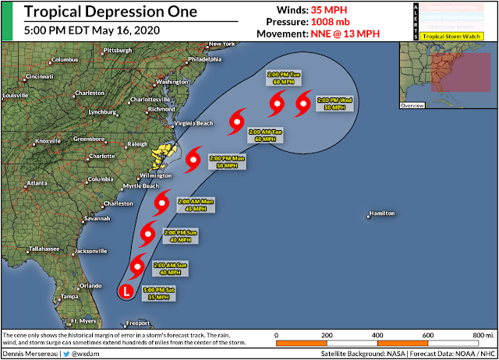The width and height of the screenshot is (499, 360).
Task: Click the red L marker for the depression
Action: tap(125, 291)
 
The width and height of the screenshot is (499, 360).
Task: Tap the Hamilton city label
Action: tap(381, 214)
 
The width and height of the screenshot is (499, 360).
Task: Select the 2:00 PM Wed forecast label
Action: tap(335, 104)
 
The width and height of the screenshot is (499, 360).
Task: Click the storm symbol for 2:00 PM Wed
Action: tap(304, 101)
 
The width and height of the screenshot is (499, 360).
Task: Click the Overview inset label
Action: tap(412, 104)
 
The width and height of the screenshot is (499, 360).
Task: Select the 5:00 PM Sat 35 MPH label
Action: tap(158, 294)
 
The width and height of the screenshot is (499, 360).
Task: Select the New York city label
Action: tap(221, 44)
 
